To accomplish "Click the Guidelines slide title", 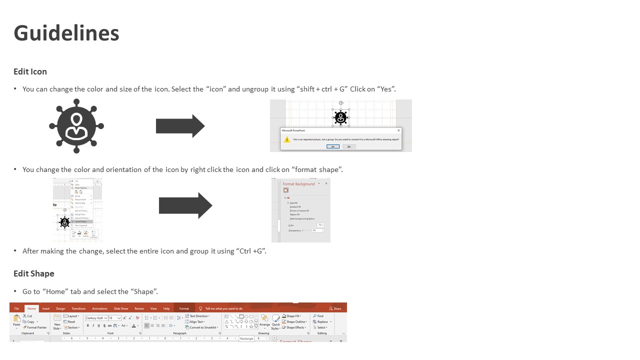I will tap(66, 33).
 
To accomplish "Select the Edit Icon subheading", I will tap(30, 71).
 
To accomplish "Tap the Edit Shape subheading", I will tap(33, 273).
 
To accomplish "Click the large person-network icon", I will tap(76, 126).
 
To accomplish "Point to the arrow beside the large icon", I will tap(180, 126).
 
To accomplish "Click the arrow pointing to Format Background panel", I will tap(185, 205).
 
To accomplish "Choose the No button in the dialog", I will tap(349, 146).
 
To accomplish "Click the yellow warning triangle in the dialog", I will tap(287, 139).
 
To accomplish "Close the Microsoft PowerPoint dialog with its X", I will tap(398, 130).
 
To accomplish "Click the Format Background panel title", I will tap(298, 184).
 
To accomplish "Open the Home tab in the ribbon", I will tap(31, 308).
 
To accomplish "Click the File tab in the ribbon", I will tap(16, 308).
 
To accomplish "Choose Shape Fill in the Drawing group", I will tap(293, 316).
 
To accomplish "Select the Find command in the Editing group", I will tap(318, 316).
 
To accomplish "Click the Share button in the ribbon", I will tap(335, 308).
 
